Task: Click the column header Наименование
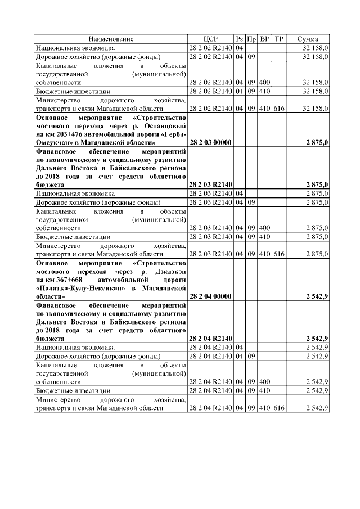(110, 39)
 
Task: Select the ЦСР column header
(210, 39)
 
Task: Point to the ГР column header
(279, 39)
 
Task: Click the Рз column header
(240, 39)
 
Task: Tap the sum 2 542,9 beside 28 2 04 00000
(317, 295)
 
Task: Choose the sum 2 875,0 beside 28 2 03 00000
(317, 143)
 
